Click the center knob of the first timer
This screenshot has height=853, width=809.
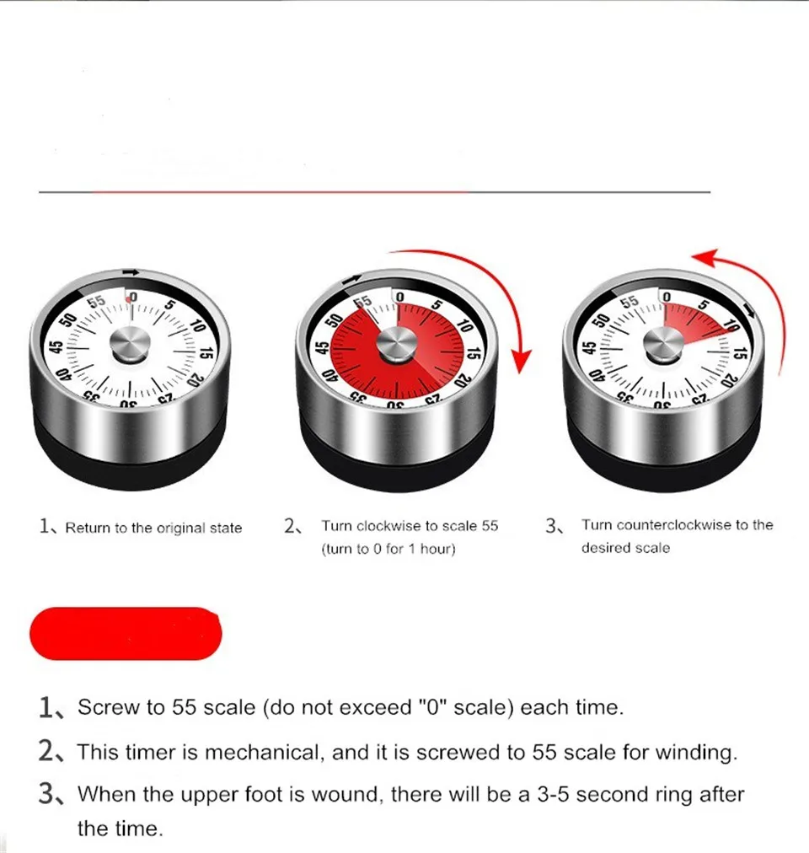(131, 345)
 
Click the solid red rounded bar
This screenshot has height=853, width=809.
(126, 633)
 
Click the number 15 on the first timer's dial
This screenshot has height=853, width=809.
(205, 355)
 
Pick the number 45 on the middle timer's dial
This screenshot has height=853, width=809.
(321, 348)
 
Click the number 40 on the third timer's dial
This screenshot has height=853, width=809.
(591, 375)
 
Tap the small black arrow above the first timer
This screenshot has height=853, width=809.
(131, 271)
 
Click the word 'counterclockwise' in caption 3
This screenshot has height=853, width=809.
(674, 525)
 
